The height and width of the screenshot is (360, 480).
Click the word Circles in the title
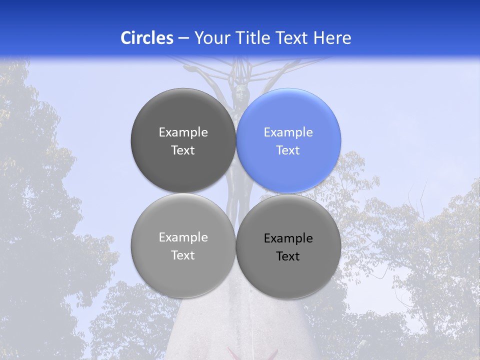[147, 38]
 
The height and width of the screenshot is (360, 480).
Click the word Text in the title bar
[293, 38]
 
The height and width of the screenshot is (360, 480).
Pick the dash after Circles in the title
[183, 38]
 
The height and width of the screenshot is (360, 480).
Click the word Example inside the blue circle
[288, 132]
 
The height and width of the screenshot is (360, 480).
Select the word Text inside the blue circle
[288, 150]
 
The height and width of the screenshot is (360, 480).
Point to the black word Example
[288, 238]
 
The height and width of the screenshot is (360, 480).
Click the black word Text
[288, 256]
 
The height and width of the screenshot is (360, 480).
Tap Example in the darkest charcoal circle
[183, 132]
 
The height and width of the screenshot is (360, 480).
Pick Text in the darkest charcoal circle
[183, 150]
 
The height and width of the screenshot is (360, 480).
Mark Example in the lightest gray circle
[183, 237]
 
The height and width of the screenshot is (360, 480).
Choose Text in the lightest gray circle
[183, 255]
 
